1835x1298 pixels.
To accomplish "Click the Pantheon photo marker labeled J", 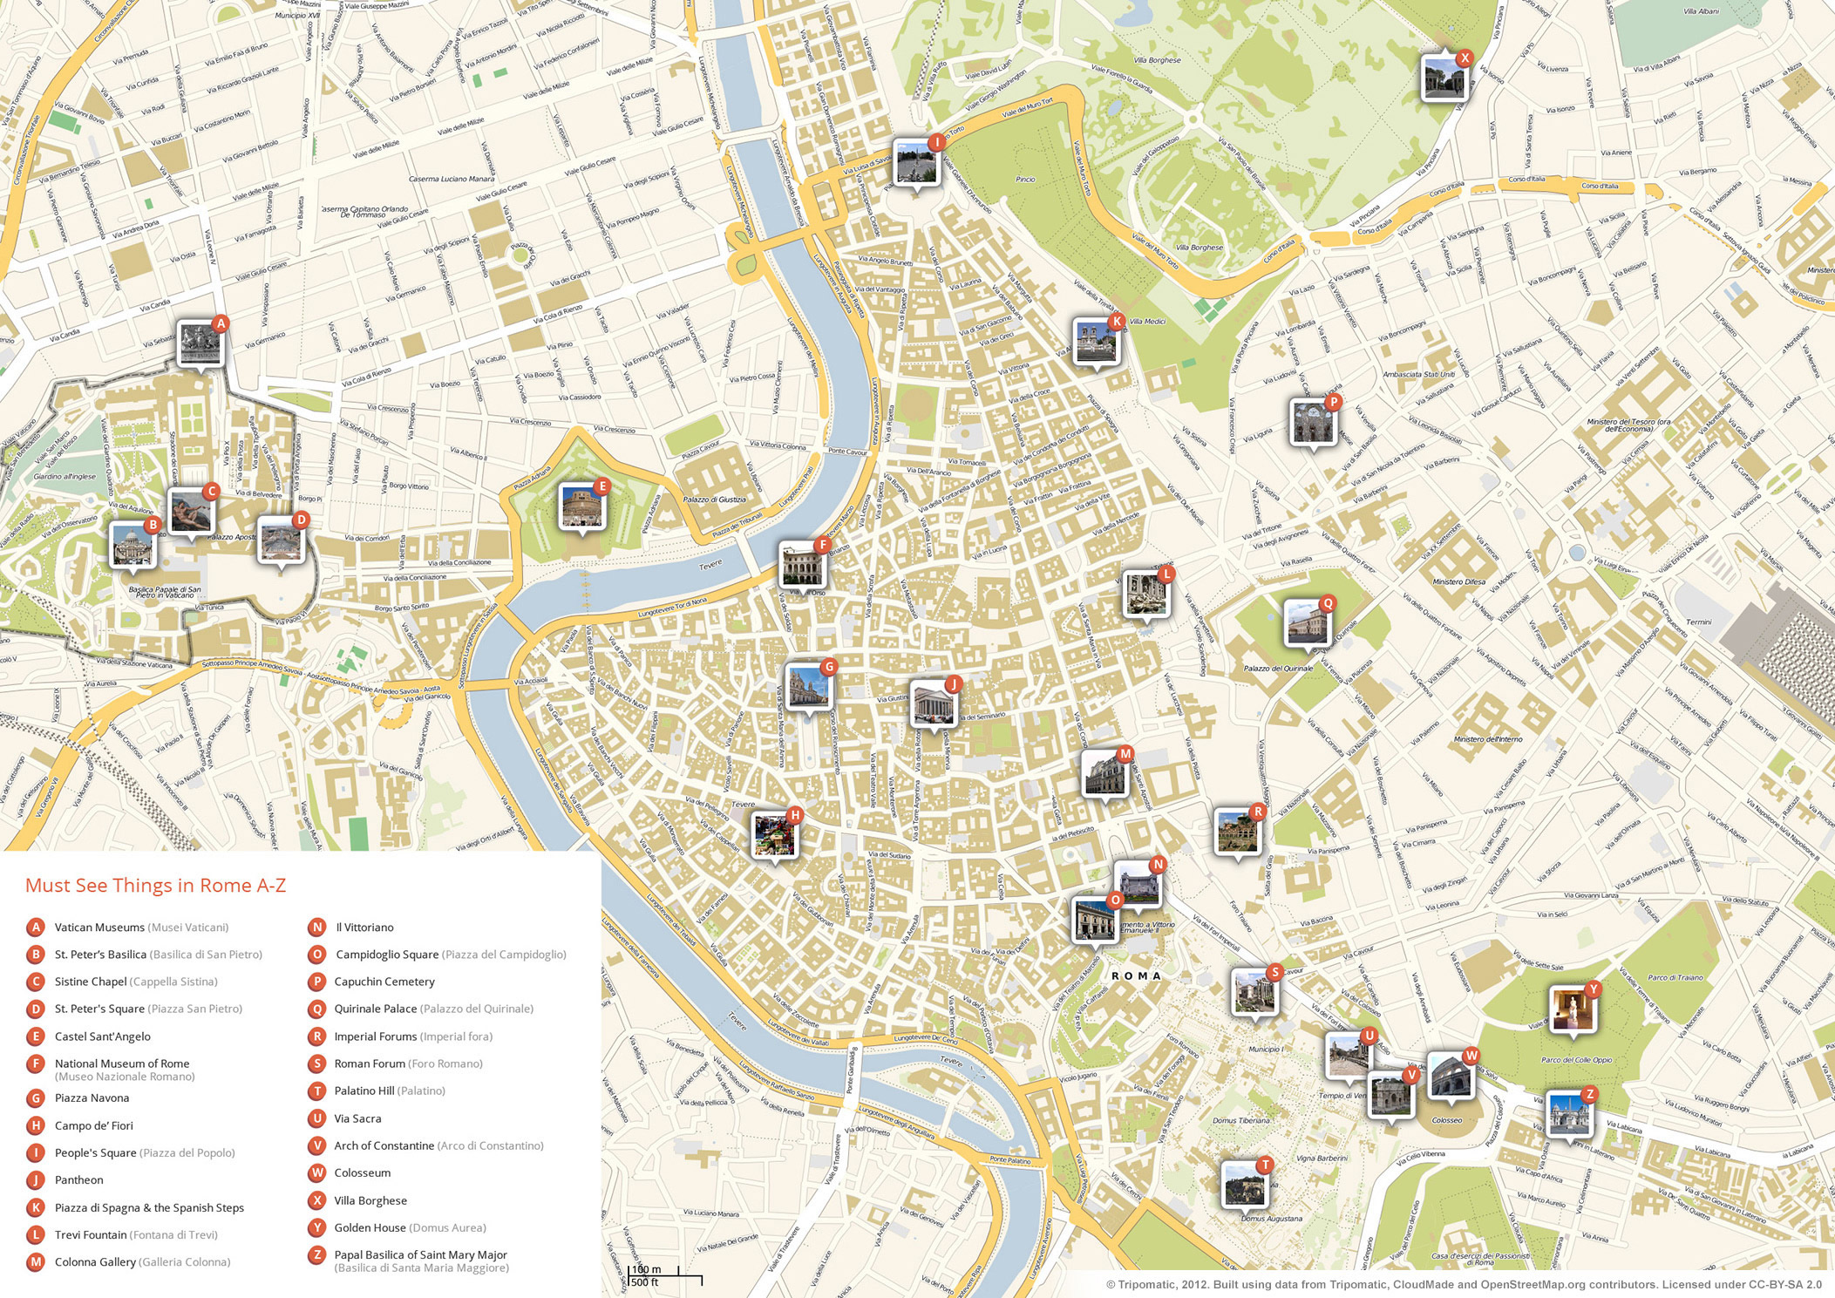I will [932, 703].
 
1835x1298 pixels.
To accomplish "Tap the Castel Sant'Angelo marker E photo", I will [581, 506].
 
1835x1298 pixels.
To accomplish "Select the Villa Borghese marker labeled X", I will [1442, 78].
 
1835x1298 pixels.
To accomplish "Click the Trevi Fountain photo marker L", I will [1145, 594].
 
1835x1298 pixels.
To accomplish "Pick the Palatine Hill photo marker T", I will [1243, 1184].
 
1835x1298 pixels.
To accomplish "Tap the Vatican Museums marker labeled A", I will [200, 343].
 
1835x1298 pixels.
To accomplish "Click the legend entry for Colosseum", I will [362, 1173].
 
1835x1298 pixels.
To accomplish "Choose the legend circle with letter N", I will [317, 928].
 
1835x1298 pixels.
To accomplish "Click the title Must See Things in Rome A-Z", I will [155, 886].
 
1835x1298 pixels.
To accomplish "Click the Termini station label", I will [1698, 622].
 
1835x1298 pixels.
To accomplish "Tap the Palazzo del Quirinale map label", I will [1277, 669].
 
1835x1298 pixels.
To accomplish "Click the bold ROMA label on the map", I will [1136, 975].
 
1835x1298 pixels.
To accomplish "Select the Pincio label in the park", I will [1025, 180].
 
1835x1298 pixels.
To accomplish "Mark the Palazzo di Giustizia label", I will [714, 500].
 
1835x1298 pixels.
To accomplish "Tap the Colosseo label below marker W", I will [1446, 1120].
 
